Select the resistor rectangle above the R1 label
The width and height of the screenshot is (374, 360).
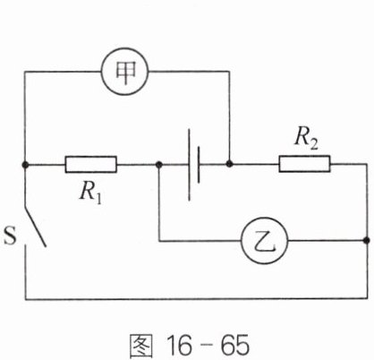(91, 165)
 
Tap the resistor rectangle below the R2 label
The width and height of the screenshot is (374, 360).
(304, 164)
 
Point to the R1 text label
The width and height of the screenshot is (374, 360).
(90, 193)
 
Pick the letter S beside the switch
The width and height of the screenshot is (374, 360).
(10, 236)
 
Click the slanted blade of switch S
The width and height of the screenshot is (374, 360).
(35, 226)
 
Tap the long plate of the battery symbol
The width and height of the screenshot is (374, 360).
(189, 165)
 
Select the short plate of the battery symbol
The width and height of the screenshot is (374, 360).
(199, 165)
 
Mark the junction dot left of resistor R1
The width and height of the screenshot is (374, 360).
(25, 164)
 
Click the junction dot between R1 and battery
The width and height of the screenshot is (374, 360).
(159, 164)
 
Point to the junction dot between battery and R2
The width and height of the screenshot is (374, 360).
(229, 164)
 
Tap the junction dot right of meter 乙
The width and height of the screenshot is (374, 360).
(367, 241)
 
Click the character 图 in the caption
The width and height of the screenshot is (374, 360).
(141, 346)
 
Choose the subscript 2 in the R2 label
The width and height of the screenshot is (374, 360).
(314, 144)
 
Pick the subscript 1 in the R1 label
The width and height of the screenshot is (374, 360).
(98, 199)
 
